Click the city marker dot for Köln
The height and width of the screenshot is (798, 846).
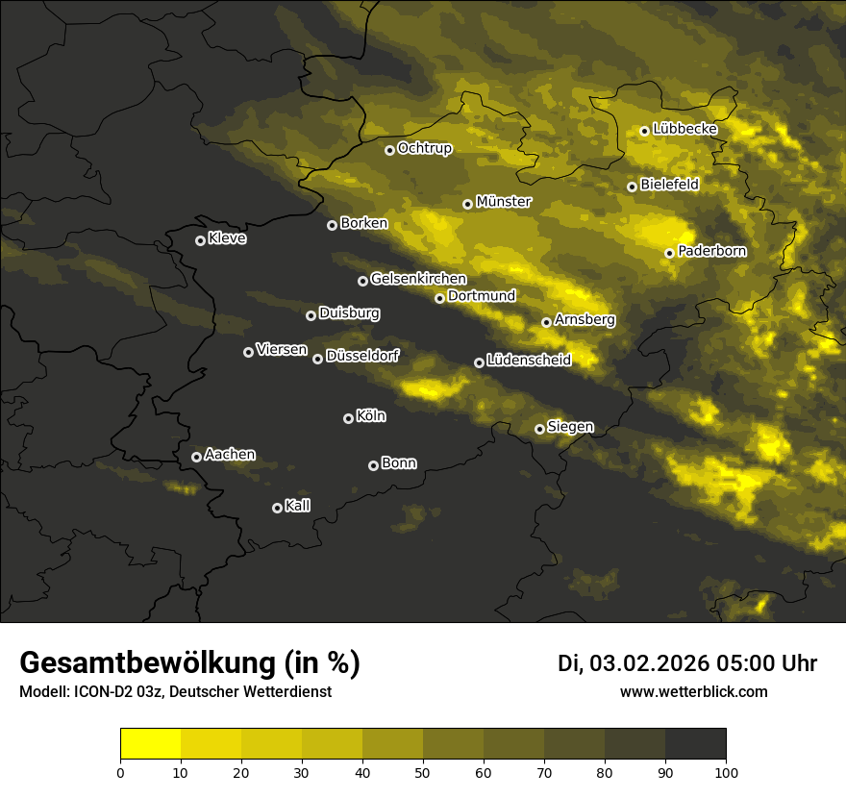click(348, 418)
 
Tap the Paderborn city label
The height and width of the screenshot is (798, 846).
click(711, 251)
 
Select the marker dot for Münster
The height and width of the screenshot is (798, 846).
click(467, 204)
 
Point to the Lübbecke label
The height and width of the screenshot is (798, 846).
click(684, 129)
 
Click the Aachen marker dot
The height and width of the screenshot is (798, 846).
click(196, 457)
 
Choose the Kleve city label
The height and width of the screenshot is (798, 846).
click(227, 238)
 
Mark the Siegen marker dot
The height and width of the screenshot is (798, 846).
click(539, 429)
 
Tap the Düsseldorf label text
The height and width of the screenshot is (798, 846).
click(361, 356)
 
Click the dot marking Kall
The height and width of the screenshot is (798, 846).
click(277, 508)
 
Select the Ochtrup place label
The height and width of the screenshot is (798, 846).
click(424, 148)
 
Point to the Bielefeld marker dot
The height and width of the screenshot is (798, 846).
click(632, 187)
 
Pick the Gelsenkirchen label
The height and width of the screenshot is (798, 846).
click(418, 279)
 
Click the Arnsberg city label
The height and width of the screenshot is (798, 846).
click(585, 319)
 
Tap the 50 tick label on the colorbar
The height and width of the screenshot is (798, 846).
click(423, 771)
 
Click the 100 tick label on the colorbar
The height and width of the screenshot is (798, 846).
click(726, 771)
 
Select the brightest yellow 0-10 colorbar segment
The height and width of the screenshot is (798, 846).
click(151, 743)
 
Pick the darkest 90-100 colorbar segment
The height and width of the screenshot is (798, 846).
click(695, 743)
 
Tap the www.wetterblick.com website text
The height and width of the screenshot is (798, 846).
click(694, 691)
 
